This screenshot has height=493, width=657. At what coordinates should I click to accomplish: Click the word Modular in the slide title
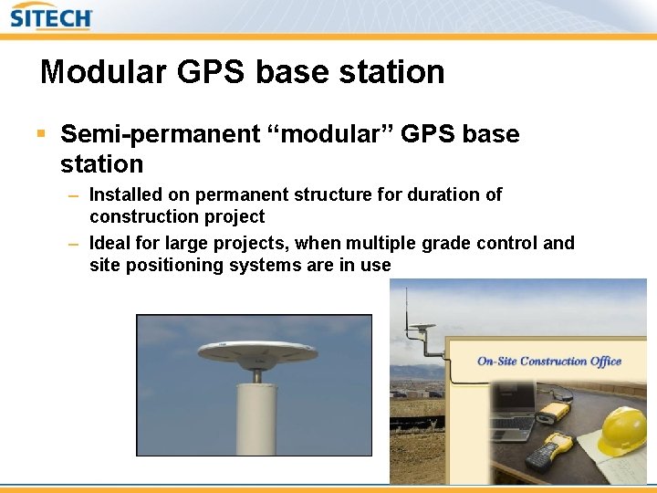tap(96, 72)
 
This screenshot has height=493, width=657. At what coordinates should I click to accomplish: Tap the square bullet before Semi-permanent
tap(40, 134)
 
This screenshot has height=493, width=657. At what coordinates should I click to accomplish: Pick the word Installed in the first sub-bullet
tap(125, 194)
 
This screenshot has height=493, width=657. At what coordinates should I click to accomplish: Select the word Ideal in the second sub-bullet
tap(109, 243)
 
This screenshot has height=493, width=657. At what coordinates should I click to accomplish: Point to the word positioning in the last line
tap(167, 266)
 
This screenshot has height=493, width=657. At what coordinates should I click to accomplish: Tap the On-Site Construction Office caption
tap(548, 361)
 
